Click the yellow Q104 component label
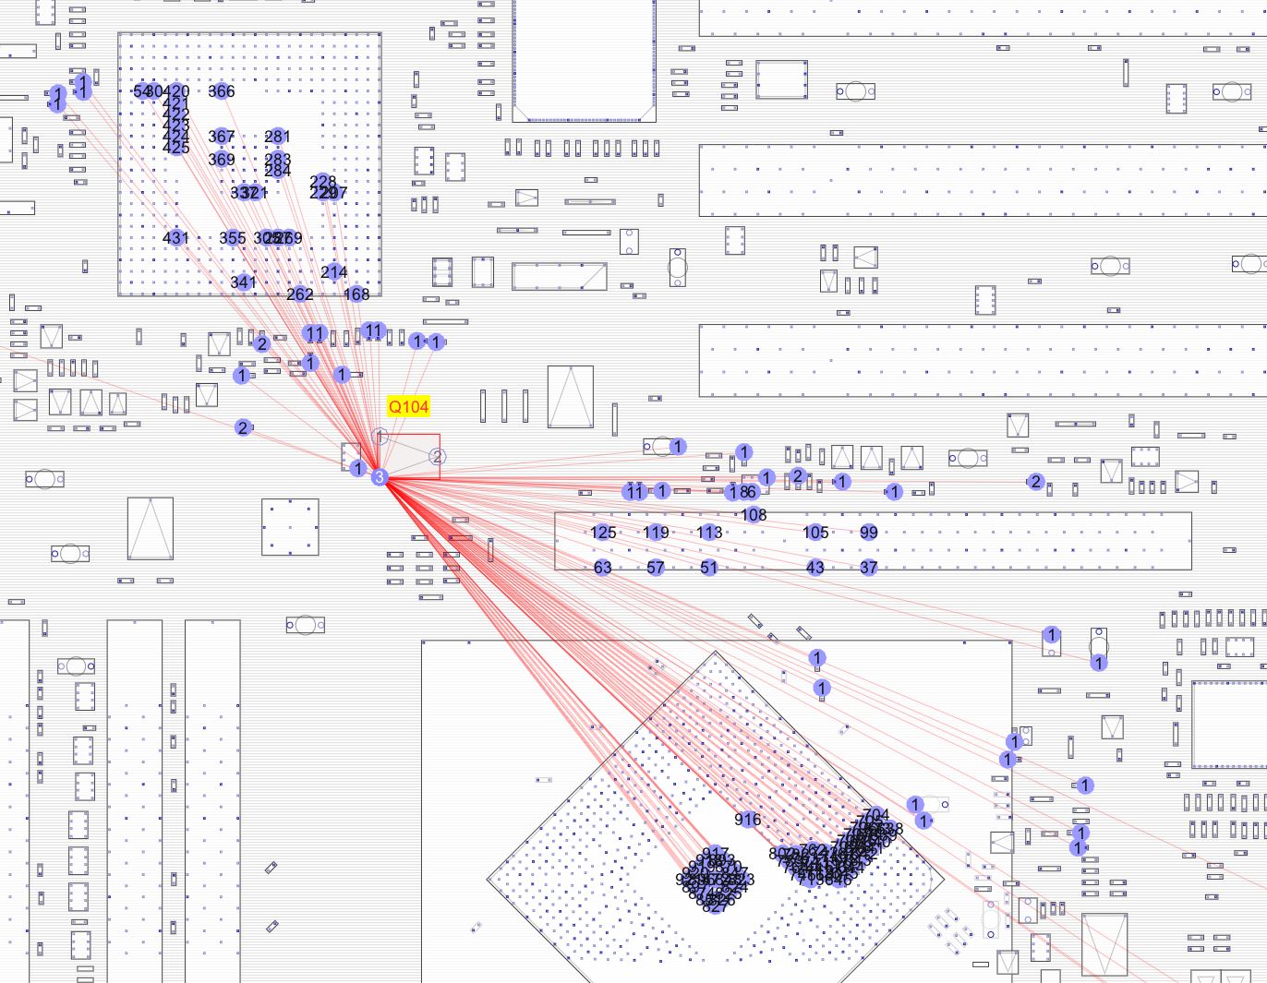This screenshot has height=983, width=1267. click(x=408, y=406)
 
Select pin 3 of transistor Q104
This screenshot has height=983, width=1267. click(x=379, y=477)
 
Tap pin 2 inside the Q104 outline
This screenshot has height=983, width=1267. click(x=438, y=457)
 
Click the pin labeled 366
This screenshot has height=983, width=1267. click(x=222, y=91)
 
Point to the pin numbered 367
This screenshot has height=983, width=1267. click(x=222, y=137)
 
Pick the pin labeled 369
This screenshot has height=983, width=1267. click(x=222, y=160)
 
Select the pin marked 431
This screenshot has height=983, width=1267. click(x=175, y=238)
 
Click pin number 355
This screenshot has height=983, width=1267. click(x=233, y=238)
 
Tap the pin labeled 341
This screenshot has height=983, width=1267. click(x=243, y=282)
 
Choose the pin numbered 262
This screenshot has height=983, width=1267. click(x=300, y=294)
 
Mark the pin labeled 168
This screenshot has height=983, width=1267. click(x=356, y=294)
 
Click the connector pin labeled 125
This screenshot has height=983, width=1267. click(x=603, y=533)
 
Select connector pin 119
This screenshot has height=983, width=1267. click(x=657, y=533)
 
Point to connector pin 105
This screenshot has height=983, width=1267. click(x=815, y=533)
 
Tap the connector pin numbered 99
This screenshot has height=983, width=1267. click(x=869, y=533)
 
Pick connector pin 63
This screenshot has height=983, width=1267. click(x=603, y=568)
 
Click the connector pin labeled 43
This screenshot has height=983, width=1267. click(x=815, y=568)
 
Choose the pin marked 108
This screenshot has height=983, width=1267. click(x=754, y=515)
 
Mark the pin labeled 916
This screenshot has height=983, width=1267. click(x=748, y=820)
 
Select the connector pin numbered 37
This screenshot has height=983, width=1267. click(x=869, y=568)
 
